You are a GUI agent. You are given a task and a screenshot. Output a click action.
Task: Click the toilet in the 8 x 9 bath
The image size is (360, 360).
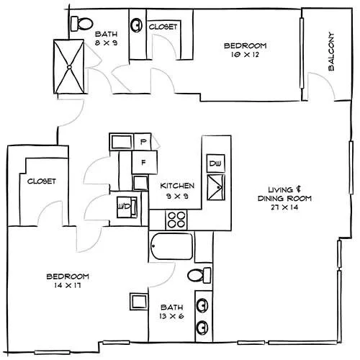pos(82,24)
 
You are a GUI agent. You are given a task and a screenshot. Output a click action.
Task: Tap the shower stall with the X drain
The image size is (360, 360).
pos(69,67)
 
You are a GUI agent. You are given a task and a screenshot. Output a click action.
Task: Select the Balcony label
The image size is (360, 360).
pos(331,51)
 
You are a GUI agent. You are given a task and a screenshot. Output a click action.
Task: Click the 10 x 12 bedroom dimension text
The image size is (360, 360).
pos(245,55)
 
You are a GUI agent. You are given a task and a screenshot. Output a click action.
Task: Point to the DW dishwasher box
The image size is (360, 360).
pos(216,163)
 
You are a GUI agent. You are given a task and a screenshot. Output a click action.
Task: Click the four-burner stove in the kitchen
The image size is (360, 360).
pos(176,220)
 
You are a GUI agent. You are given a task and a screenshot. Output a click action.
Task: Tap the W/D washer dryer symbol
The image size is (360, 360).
pos(127,207)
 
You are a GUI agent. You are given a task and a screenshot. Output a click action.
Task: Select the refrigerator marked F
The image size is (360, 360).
pos(145,162)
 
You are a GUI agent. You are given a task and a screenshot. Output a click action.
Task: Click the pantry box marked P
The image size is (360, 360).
pos(143,142)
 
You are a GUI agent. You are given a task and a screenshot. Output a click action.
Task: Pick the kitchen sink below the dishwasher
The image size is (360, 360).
pos(216,187)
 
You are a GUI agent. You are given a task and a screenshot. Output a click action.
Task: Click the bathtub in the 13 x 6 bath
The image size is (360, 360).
pos(172,246)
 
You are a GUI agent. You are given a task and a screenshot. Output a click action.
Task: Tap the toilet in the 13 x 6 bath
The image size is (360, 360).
pos(199,275)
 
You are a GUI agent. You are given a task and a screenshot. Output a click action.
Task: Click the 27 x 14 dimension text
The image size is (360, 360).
pos(284,207)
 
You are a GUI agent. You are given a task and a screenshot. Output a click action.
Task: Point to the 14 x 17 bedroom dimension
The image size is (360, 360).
pos(68,285)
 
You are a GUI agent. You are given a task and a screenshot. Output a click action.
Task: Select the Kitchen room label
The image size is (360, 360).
pos(177,186)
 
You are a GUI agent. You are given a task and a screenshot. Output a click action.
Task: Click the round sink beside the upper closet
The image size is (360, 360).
pos(136,24)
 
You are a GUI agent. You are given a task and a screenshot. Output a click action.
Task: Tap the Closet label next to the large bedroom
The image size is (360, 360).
pos(42,181)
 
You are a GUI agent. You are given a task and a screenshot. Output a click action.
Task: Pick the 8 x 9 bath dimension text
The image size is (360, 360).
pos(106,43)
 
